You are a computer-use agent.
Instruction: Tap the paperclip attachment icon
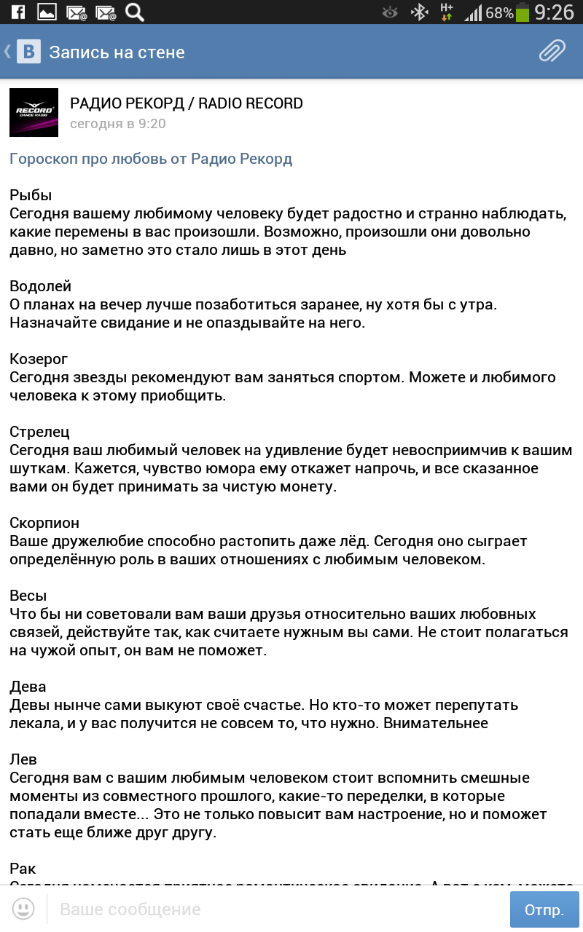(x=552, y=52)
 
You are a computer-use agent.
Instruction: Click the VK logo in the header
(x=29, y=52)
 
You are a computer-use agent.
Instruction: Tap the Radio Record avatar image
(x=34, y=112)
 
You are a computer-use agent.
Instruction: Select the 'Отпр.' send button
(x=544, y=909)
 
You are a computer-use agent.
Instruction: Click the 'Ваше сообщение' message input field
(x=277, y=909)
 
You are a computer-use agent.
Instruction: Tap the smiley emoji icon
(x=23, y=909)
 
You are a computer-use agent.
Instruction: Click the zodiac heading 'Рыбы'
(x=31, y=195)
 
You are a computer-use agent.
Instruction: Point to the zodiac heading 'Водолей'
(x=41, y=286)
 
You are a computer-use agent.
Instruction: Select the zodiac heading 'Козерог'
(x=39, y=359)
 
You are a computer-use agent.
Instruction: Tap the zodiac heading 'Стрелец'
(x=40, y=432)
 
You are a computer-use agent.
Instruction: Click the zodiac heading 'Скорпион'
(x=44, y=523)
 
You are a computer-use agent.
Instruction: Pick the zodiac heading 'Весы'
(x=28, y=596)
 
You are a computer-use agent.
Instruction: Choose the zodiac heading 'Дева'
(x=28, y=687)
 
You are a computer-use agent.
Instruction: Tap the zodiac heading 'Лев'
(x=23, y=759)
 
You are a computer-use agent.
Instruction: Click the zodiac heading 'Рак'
(x=23, y=869)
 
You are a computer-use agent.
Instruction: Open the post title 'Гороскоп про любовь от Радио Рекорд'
(x=151, y=159)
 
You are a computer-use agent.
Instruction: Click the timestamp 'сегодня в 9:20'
(x=118, y=124)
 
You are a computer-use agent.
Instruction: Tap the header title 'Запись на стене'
(x=117, y=52)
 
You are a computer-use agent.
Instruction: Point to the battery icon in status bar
(x=523, y=12)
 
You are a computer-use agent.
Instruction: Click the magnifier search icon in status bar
(x=134, y=12)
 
